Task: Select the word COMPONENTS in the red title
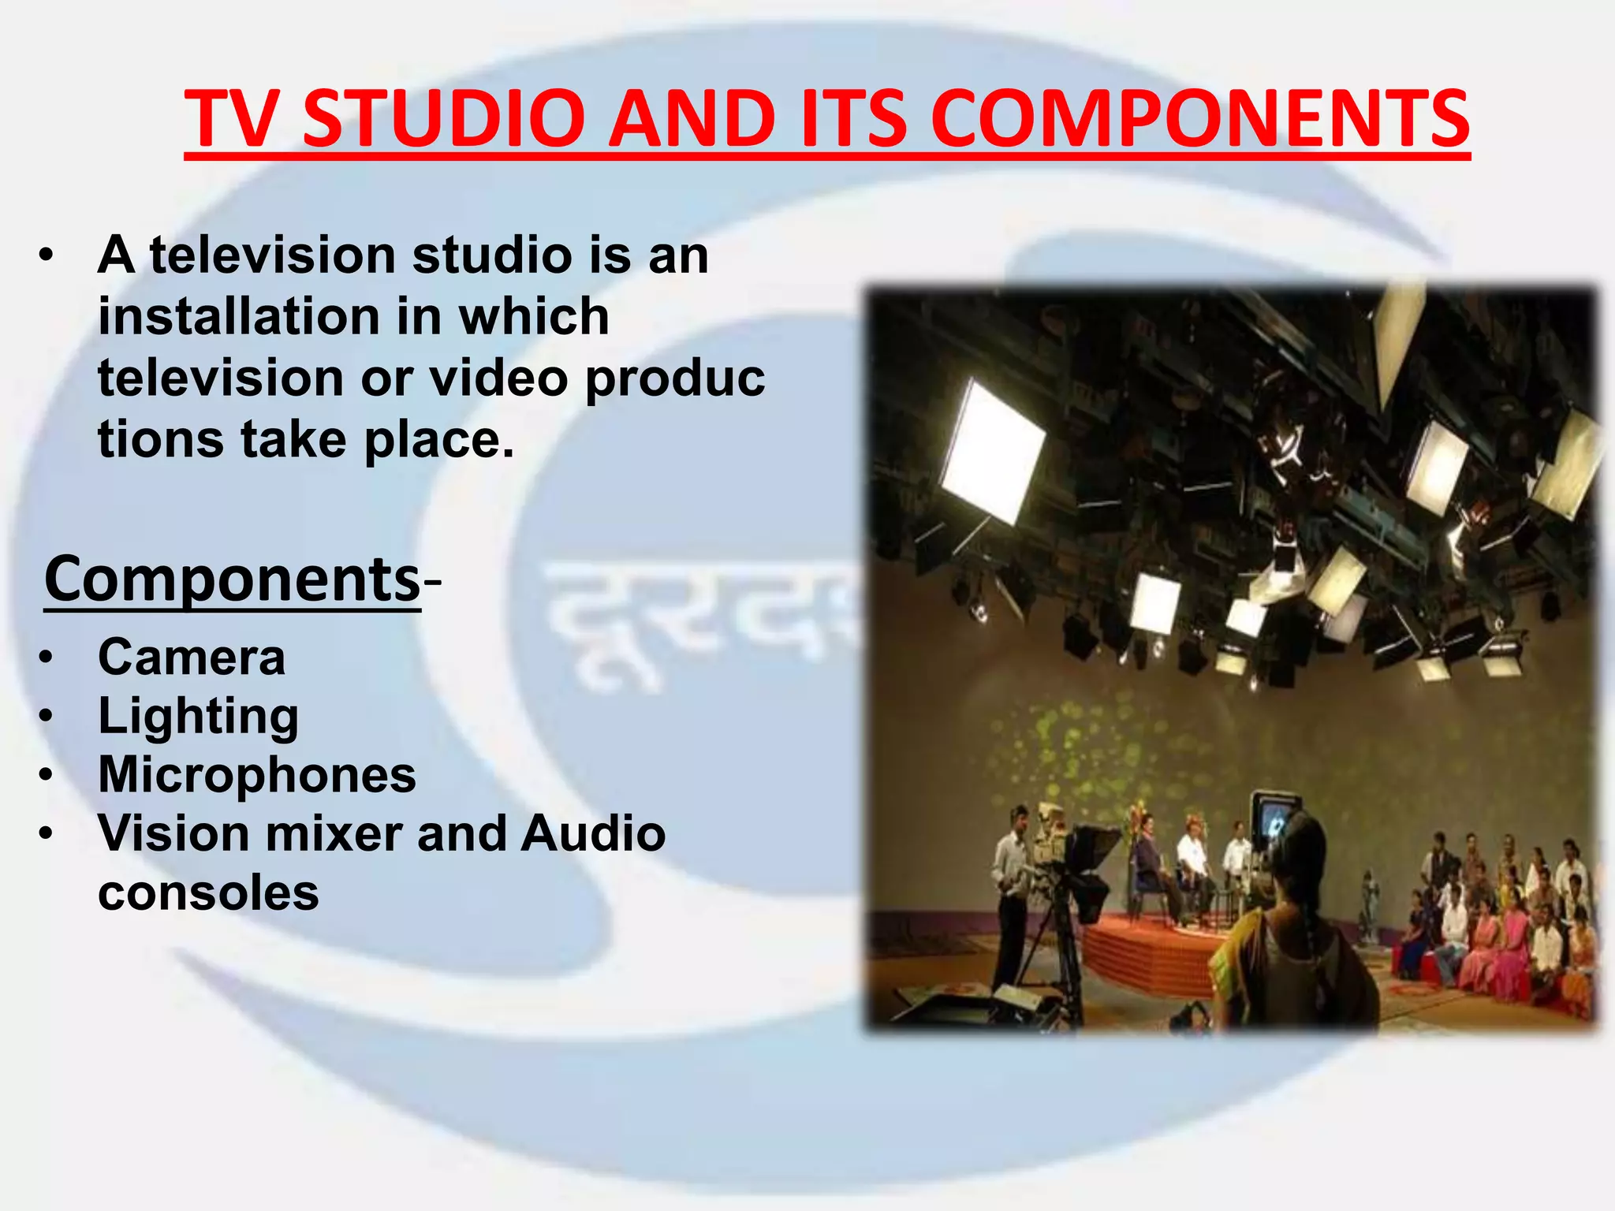1200,118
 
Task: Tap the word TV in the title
233,118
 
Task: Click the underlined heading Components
233,579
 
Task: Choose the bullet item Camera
192,657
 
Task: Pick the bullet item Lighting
198,716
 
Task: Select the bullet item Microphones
257,774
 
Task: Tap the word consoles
208,892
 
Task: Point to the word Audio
593,833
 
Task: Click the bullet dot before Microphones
47,776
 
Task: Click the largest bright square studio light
992,451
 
